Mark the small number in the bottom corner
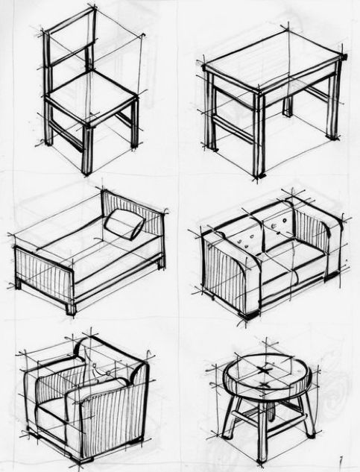click(x=339, y=461)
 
